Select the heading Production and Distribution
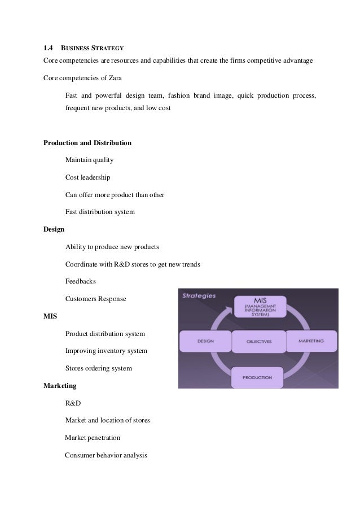point(87,143)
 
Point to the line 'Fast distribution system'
point(100,212)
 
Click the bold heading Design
point(54,230)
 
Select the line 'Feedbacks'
point(81,281)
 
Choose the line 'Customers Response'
point(95,298)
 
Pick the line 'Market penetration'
point(93,438)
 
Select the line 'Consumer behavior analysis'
point(106,455)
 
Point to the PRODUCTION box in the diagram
point(257,377)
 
